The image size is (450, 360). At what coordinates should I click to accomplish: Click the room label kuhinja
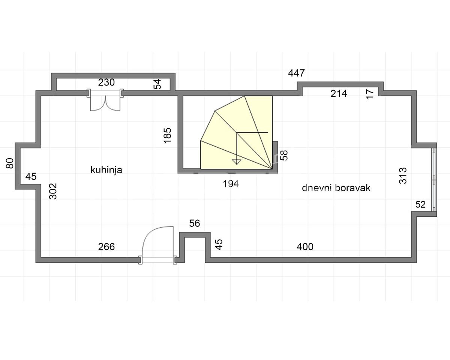(106, 170)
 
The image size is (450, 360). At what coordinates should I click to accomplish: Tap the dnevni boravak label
(336, 188)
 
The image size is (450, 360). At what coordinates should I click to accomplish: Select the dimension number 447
(296, 73)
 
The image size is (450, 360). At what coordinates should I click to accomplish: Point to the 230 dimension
(106, 82)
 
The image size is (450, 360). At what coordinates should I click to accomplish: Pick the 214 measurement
(339, 93)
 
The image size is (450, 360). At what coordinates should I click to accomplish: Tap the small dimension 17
(370, 94)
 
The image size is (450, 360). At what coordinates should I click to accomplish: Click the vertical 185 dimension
(167, 135)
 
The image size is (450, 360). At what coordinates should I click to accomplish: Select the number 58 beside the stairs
(284, 155)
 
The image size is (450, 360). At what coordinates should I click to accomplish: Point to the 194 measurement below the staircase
(231, 184)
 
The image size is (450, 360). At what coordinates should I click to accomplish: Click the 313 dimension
(403, 176)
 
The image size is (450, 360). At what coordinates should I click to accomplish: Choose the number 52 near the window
(420, 205)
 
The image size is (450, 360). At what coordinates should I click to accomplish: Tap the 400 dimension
(305, 247)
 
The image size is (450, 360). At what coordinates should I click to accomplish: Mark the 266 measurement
(106, 247)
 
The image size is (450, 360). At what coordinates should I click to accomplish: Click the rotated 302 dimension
(53, 191)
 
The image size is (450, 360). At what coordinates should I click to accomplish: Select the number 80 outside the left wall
(10, 163)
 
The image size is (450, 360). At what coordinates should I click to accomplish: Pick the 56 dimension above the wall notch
(195, 223)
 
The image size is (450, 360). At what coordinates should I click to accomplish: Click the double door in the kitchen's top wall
(105, 100)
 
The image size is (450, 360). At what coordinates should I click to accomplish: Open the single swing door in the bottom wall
(157, 245)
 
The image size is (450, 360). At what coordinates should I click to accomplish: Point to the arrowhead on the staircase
(237, 162)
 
